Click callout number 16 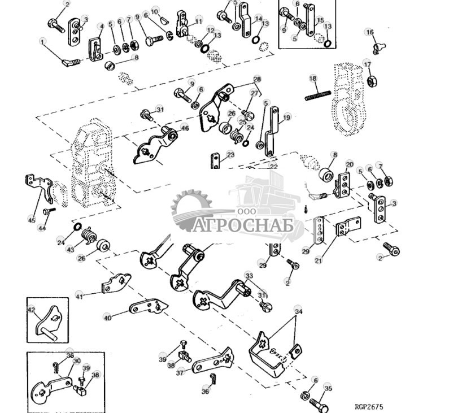(369, 32)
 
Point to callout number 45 (31, 220)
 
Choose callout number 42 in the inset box (31, 310)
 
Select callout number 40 (107, 318)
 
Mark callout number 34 (298, 310)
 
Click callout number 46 (184, 129)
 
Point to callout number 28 (257, 79)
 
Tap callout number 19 (286, 118)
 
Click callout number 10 (155, 11)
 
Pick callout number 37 (180, 372)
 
